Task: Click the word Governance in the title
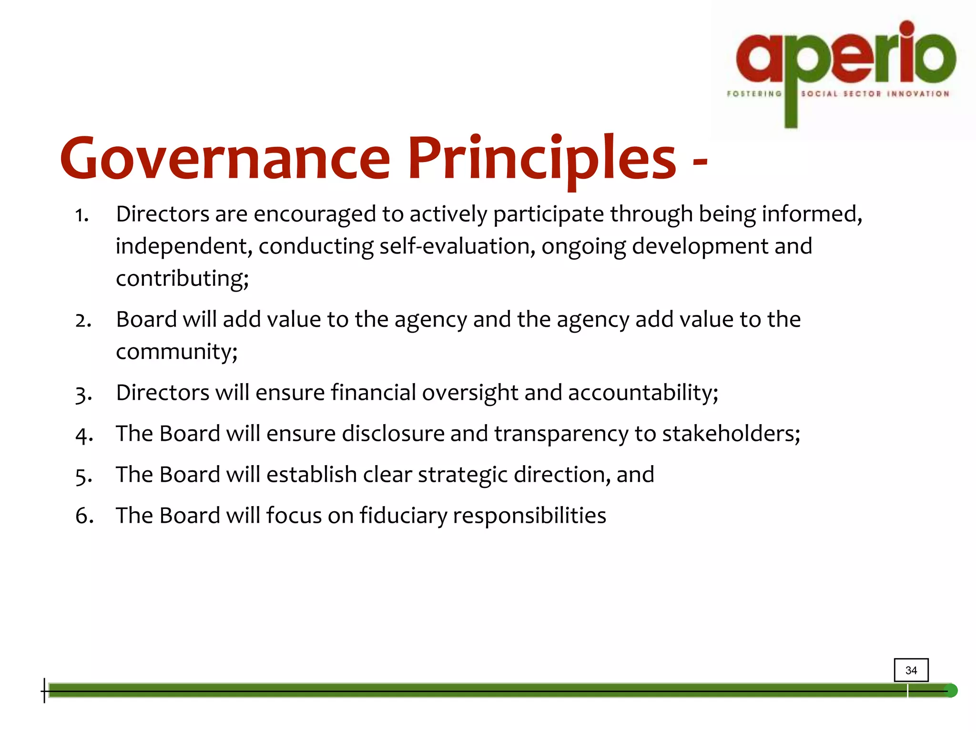click(225, 158)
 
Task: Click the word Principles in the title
click(542, 158)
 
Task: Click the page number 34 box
click(911, 670)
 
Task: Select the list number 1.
click(82, 215)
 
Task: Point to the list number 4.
click(84, 435)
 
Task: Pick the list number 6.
click(84, 516)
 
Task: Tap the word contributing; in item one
click(183, 279)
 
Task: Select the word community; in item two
click(177, 352)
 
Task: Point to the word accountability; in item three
click(643, 393)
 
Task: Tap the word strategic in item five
click(462, 475)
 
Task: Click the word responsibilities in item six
click(529, 516)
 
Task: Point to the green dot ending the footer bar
click(951, 691)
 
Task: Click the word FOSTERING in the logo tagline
click(754, 94)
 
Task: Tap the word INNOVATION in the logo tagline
click(918, 94)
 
